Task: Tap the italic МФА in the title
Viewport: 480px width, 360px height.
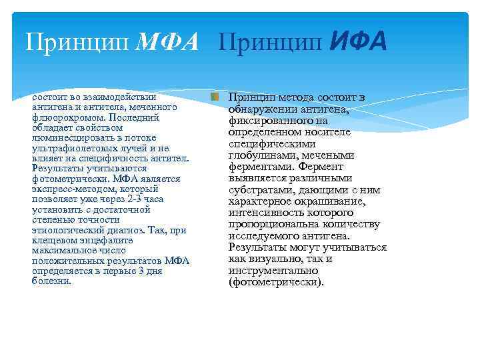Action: pos(166,42)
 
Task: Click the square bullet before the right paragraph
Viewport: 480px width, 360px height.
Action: pos(214,97)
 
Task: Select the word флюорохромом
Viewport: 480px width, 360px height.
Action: pos(64,117)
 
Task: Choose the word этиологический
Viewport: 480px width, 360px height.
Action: pos(68,230)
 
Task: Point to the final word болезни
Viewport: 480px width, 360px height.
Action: pos(51,281)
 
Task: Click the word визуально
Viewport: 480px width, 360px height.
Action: pos(271,259)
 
